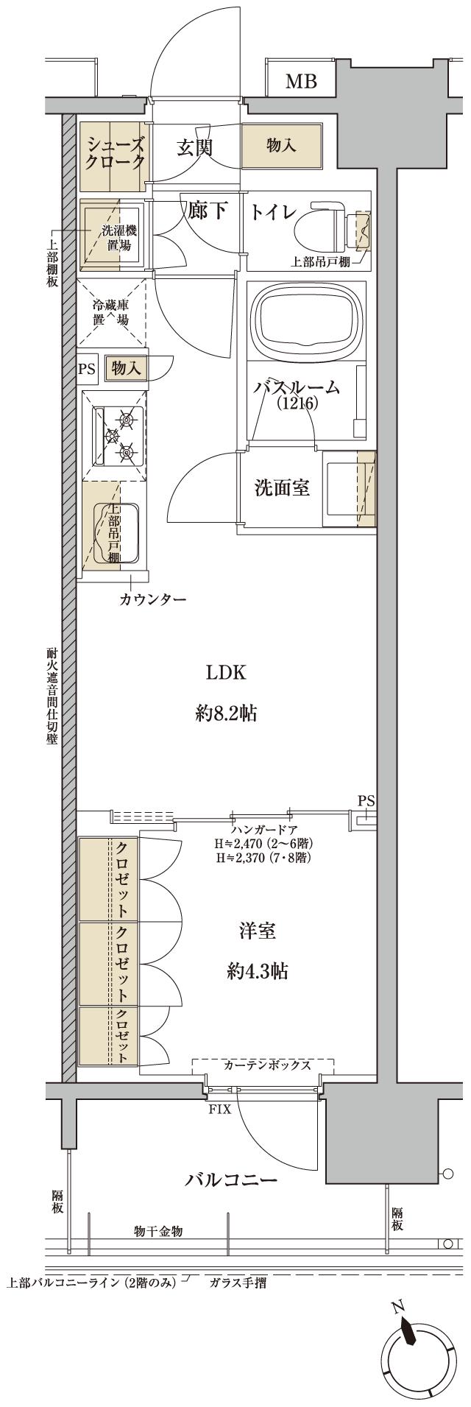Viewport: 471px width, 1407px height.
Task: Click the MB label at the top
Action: click(x=301, y=82)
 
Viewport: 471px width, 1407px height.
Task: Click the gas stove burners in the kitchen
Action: click(x=122, y=435)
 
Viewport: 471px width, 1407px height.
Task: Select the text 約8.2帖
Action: click(x=226, y=713)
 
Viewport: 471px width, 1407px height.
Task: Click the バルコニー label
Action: click(x=230, y=1180)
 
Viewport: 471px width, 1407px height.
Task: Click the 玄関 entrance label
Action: click(x=194, y=147)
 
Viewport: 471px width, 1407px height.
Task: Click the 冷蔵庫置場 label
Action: click(x=111, y=311)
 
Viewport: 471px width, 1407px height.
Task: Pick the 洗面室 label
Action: click(x=281, y=487)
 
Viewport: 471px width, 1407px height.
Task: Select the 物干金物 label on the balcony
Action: click(x=158, y=1231)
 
